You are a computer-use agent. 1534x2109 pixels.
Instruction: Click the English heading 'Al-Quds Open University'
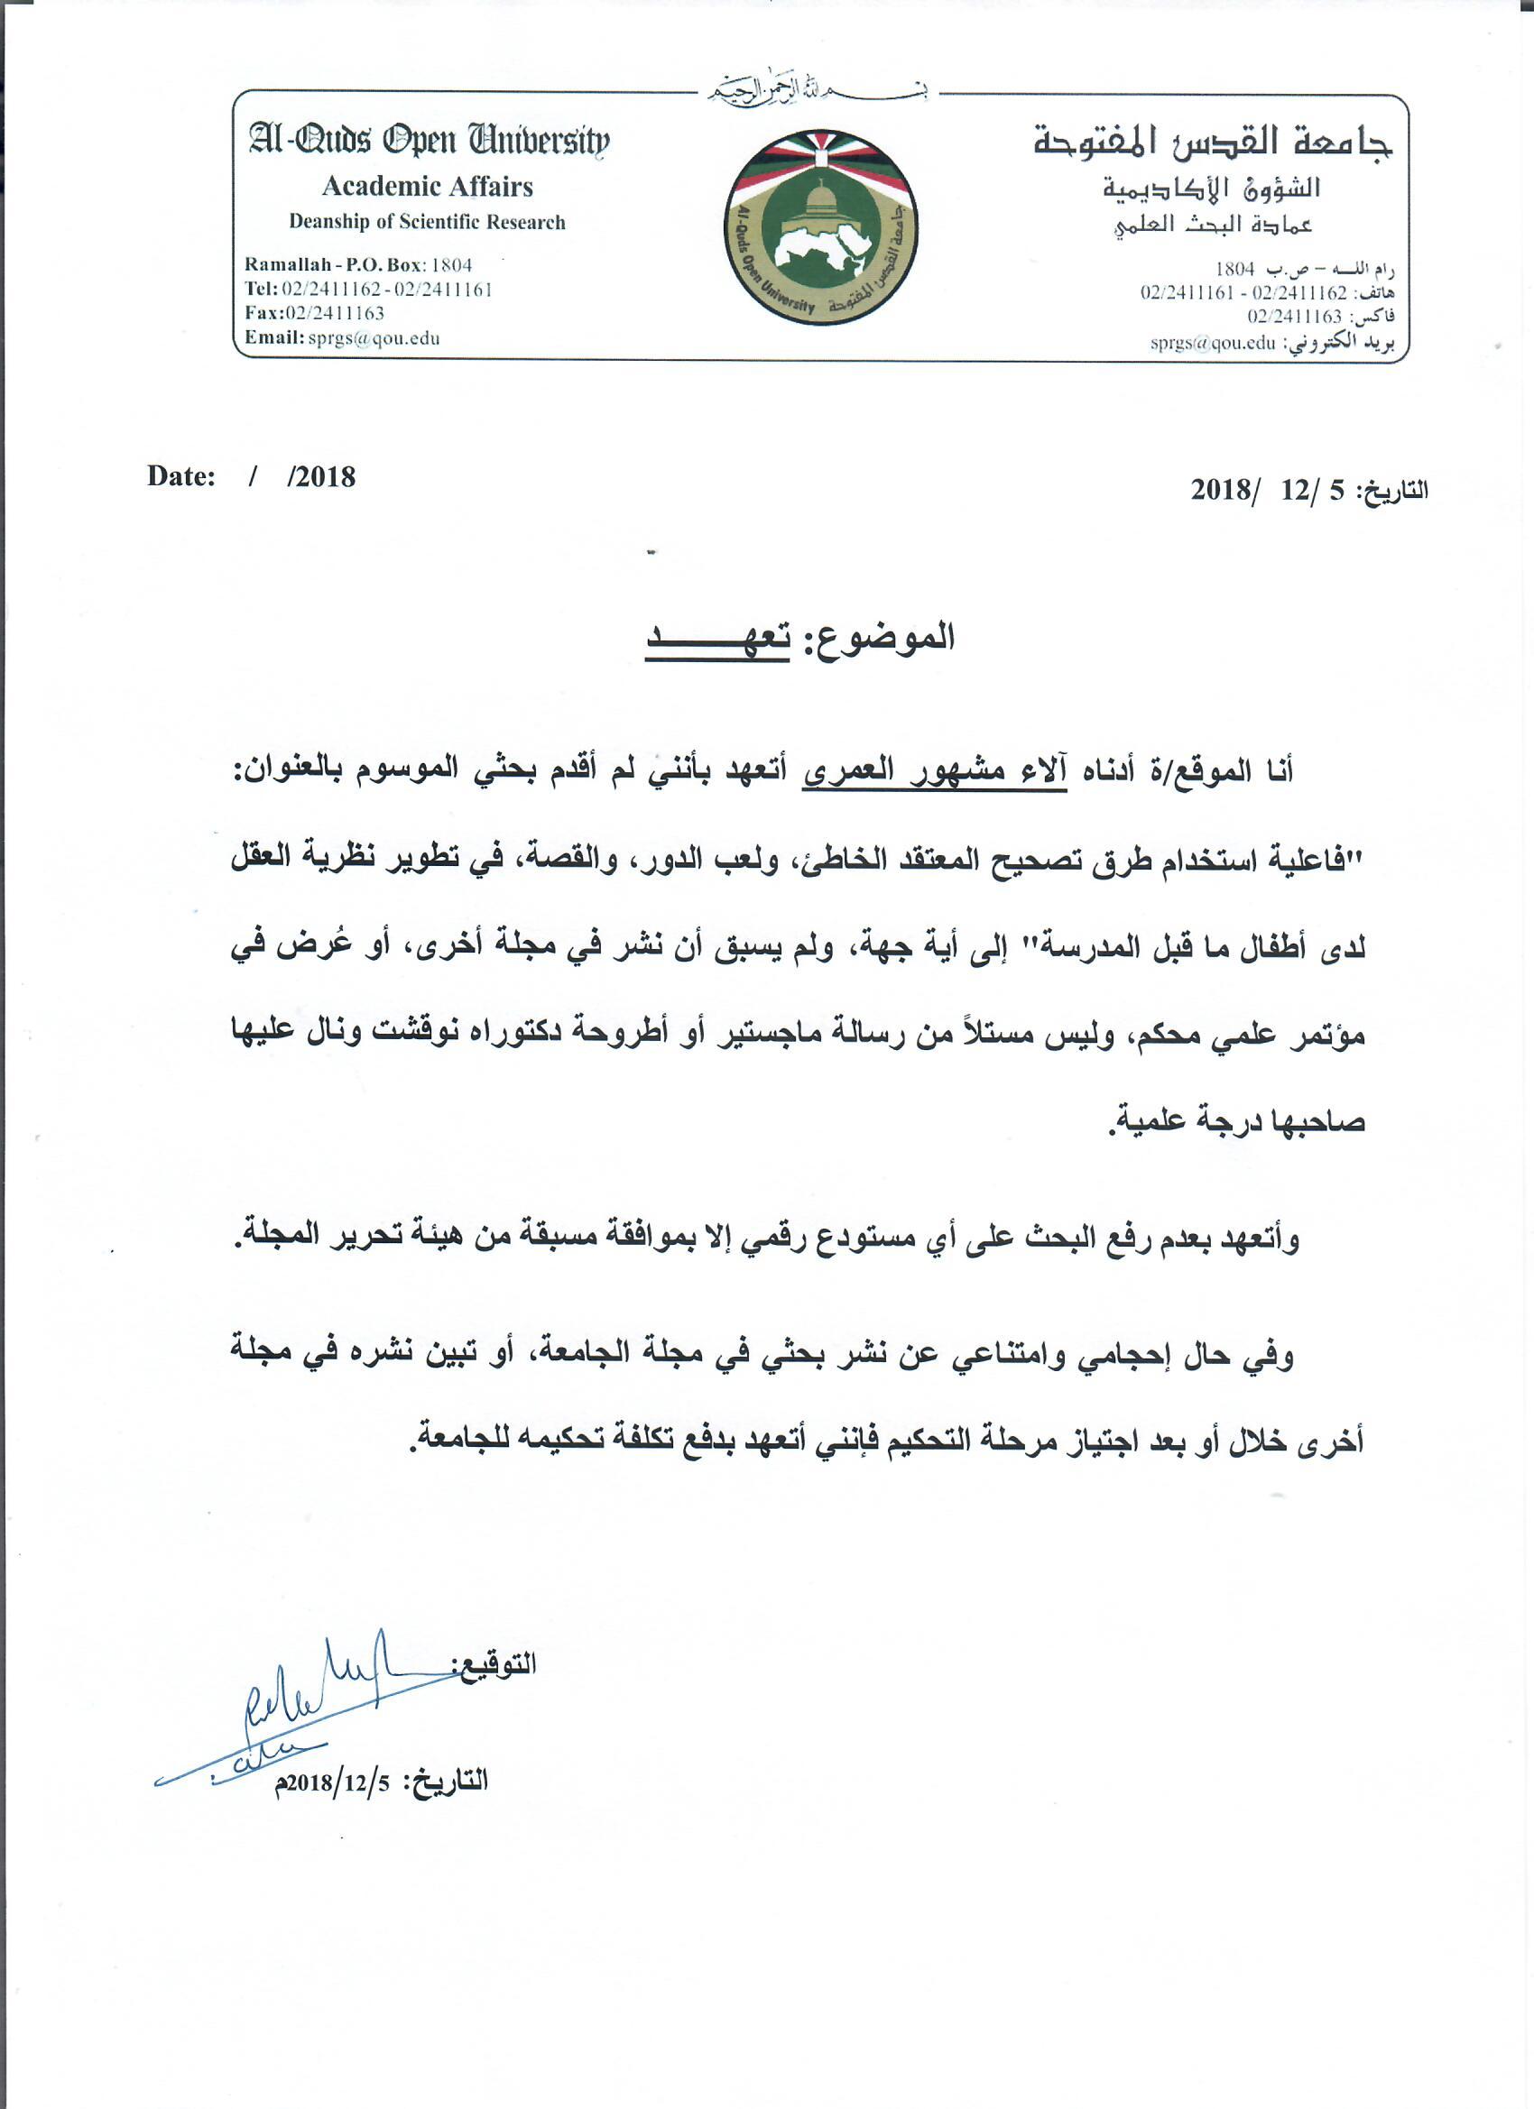coord(429,141)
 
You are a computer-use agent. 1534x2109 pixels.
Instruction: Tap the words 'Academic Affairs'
coord(427,187)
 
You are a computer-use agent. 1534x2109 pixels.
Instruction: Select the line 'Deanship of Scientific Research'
coord(427,222)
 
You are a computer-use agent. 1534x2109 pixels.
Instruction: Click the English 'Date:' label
coord(181,477)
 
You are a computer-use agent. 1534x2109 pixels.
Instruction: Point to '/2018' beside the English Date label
coord(322,477)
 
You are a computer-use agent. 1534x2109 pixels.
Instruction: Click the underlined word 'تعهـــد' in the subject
coord(717,640)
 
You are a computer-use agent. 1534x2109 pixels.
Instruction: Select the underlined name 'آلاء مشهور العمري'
coord(934,772)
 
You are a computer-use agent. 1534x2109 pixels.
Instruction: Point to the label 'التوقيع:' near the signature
coord(494,1664)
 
